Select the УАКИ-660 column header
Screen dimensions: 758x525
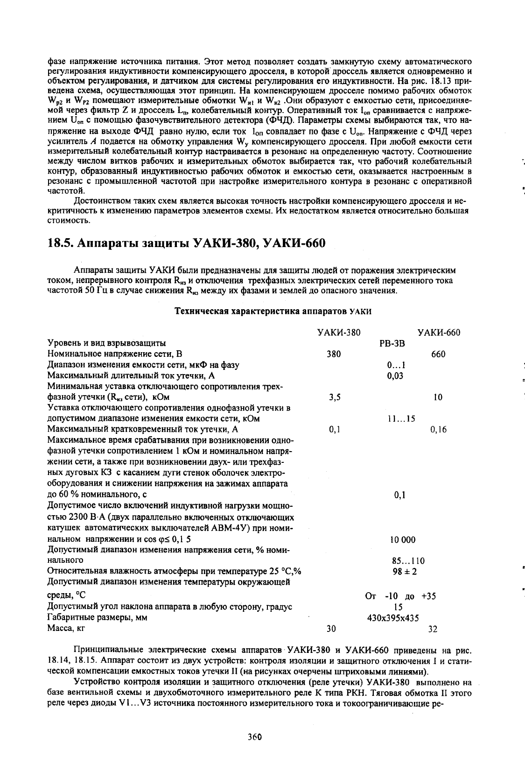439,333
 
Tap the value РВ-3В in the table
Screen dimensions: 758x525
392,343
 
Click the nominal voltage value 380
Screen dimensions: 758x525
334,354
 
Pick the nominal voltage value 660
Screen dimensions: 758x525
438,354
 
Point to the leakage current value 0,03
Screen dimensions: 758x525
395,375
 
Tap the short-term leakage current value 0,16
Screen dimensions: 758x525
438,429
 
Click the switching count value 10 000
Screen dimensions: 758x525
402,540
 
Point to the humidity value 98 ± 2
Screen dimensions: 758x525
405,572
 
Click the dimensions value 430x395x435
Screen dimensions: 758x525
393,618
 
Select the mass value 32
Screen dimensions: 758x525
433,629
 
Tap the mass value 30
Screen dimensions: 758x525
331,629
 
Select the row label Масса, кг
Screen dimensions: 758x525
66,629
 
